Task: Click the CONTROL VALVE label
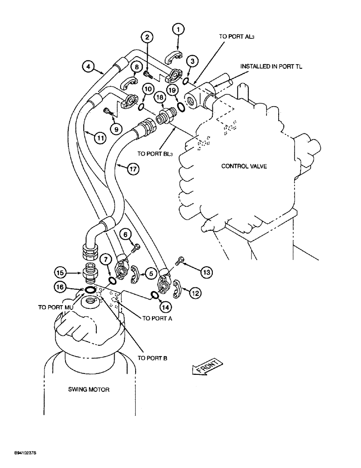tap(244, 166)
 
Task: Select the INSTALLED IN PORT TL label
tap(271, 67)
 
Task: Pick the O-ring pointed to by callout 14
tap(154, 295)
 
